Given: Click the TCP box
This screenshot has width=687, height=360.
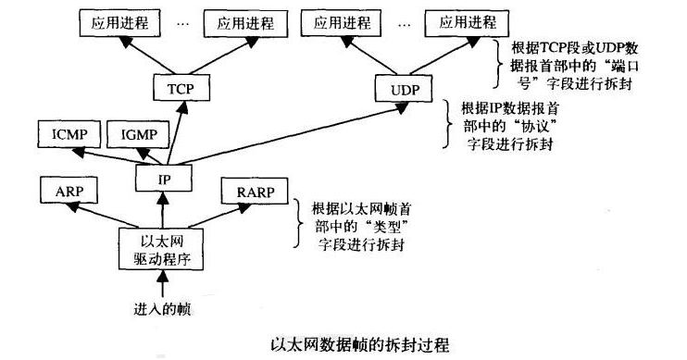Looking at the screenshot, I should tap(180, 89).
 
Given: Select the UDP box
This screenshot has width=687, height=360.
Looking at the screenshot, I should tap(405, 89).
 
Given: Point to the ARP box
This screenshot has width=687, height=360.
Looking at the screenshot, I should tap(68, 192).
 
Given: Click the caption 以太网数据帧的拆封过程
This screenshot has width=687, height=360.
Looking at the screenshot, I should tap(343, 344).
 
